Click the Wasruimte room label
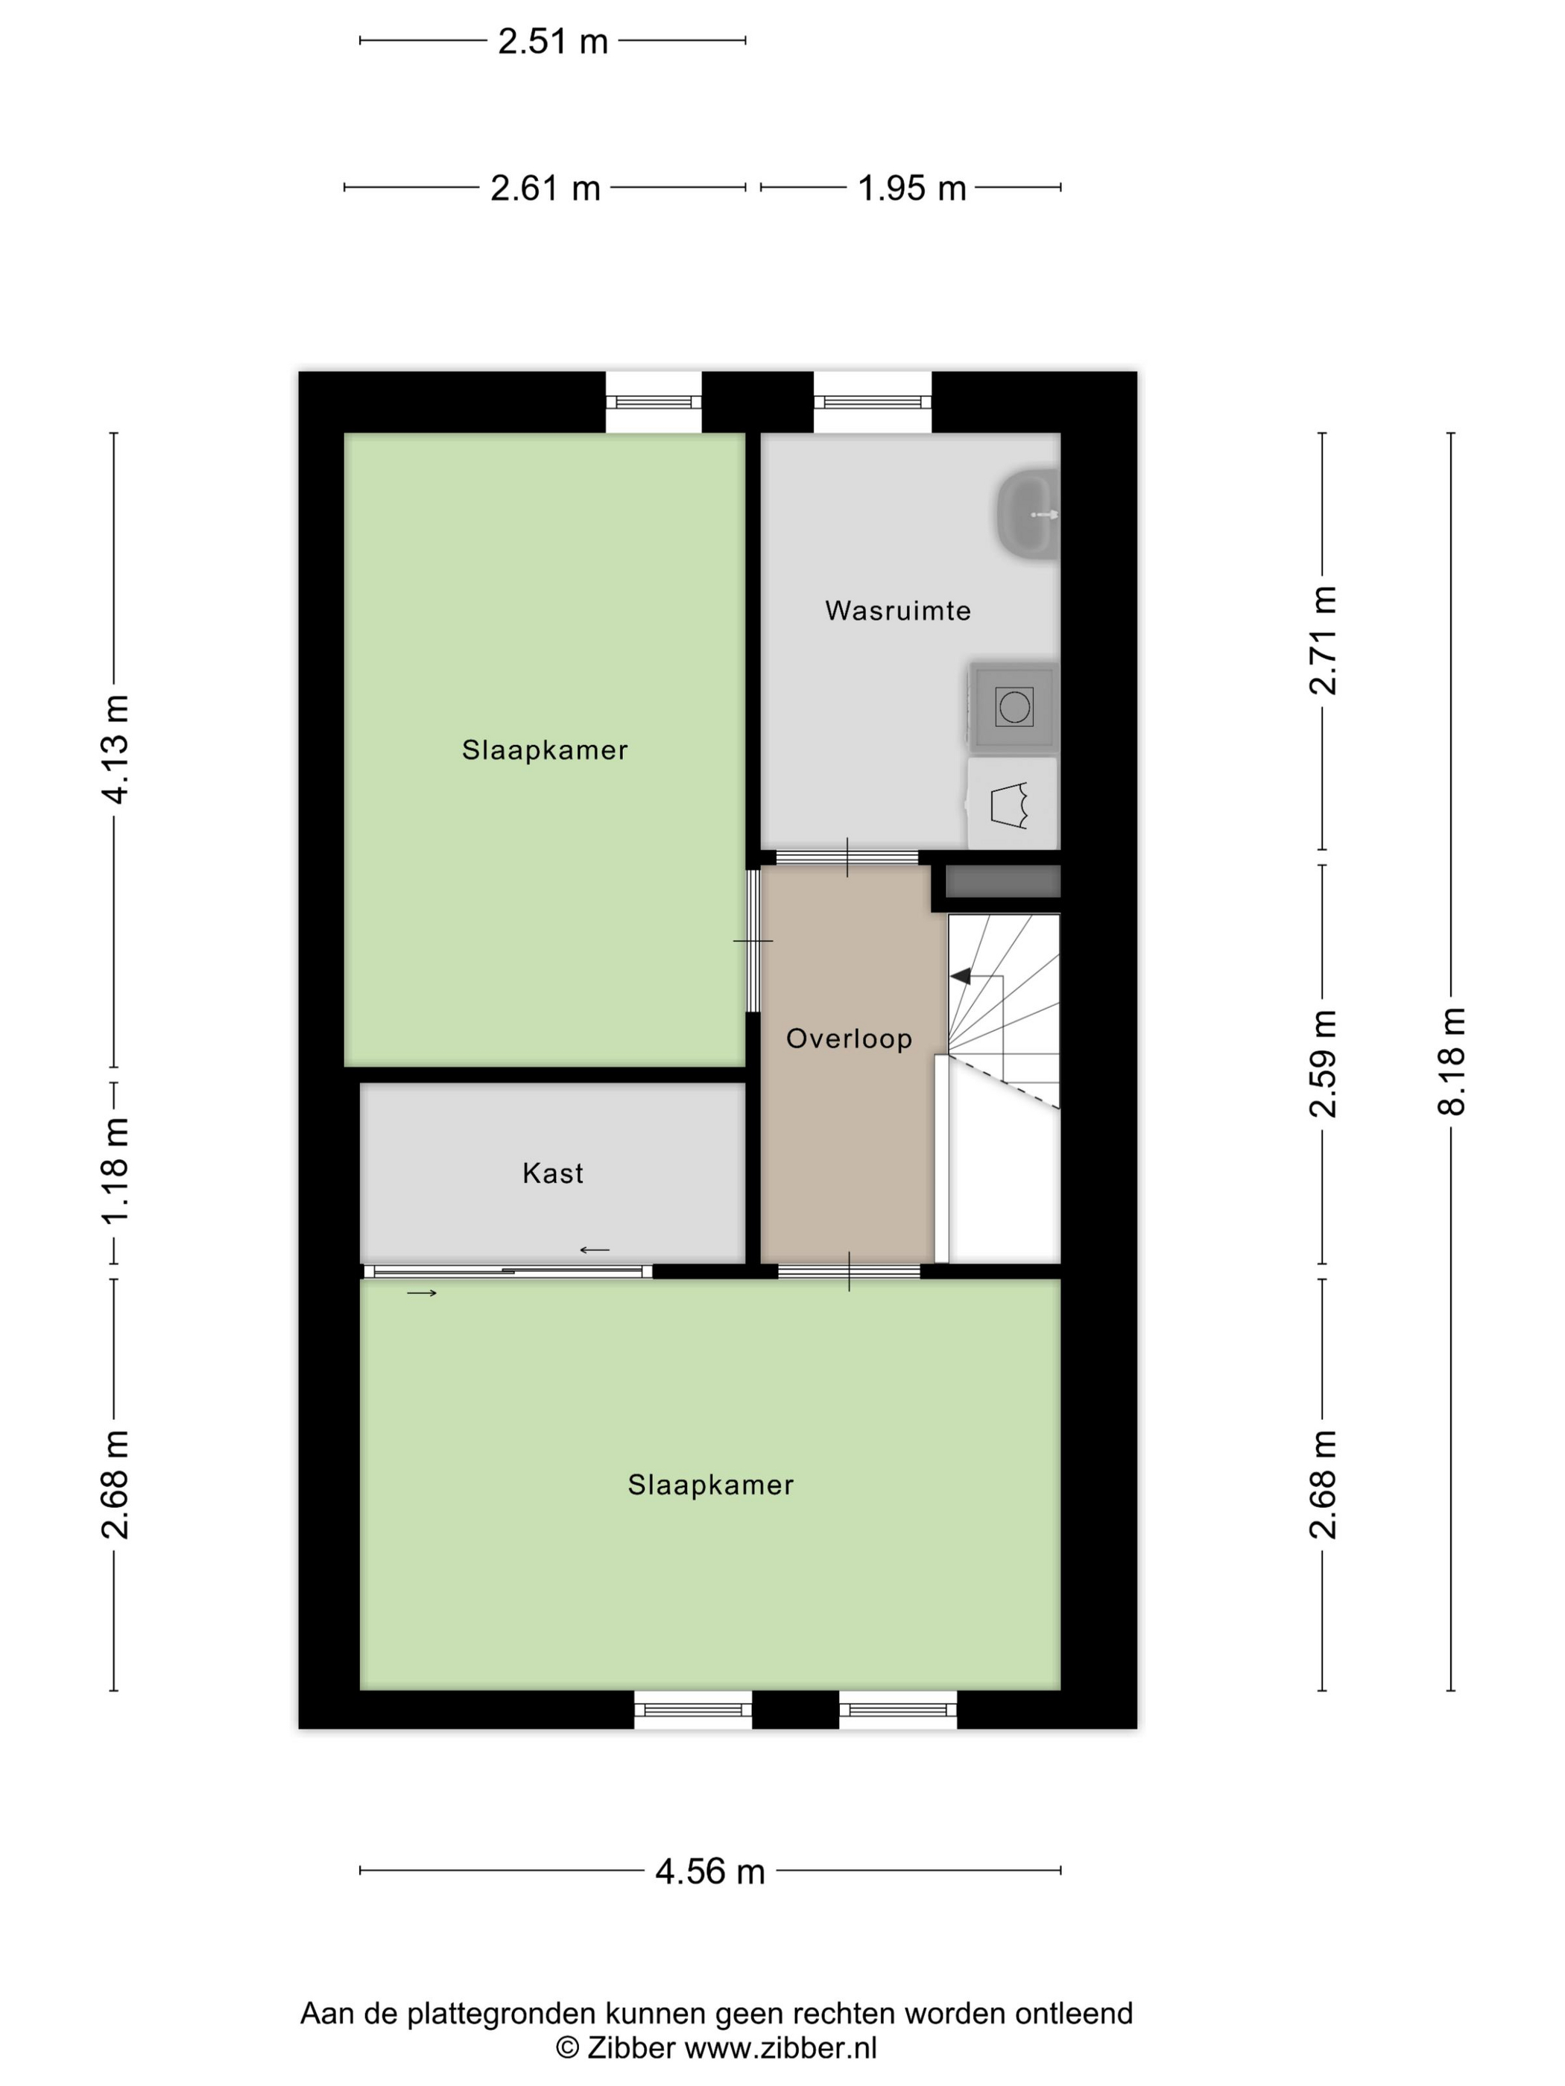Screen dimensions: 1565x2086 [x=897, y=610]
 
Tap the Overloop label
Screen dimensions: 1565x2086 [x=849, y=1039]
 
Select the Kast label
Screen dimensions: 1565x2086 [x=553, y=1173]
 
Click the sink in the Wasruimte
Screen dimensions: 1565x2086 [x=1028, y=515]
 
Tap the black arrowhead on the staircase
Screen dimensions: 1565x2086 [x=961, y=976]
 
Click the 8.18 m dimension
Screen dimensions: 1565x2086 [x=1451, y=1061]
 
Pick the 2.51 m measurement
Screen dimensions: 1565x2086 [x=553, y=42]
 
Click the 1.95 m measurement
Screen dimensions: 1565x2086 [x=911, y=188]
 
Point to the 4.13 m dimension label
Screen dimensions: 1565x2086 [x=115, y=749]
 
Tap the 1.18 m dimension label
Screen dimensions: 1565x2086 [x=115, y=1170]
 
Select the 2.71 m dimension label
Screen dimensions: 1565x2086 [x=1323, y=640]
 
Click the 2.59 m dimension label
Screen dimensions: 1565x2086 [x=1323, y=1063]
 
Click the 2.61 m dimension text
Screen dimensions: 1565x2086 [x=546, y=188]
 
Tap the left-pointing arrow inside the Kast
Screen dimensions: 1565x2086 [x=594, y=1249]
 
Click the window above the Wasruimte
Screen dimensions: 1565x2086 [x=873, y=402]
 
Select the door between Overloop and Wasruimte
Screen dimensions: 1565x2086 [x=847, y=857]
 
